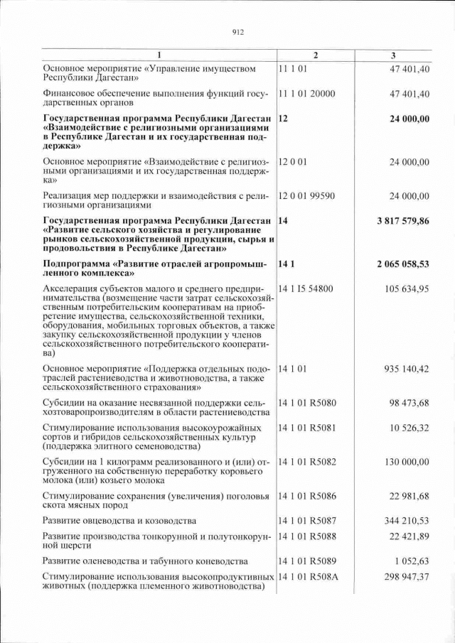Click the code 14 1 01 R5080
click(x=309, y=404)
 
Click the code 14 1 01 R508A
click(x=309, y=576)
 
